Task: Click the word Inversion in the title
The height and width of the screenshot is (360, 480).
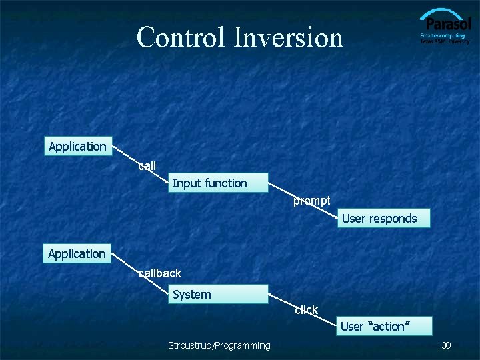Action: pos(288,37)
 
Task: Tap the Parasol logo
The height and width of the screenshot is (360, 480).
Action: pos(445,27)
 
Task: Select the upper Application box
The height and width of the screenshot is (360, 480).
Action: pos(77,147)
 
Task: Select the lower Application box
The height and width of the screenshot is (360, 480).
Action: pos(77,254)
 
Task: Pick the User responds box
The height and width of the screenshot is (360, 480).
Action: pos(383,219)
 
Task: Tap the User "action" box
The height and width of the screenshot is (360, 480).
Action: pos(383,327)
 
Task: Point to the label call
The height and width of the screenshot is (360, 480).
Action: pos(147,166)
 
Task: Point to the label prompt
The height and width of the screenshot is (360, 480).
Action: pos(312,201)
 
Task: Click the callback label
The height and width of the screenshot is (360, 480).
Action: pos(160,273)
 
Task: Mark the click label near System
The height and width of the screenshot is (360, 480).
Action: pos(306,310)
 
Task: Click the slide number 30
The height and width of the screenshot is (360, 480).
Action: pos(446,345)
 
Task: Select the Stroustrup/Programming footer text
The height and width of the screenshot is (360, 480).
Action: pos(219,345)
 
